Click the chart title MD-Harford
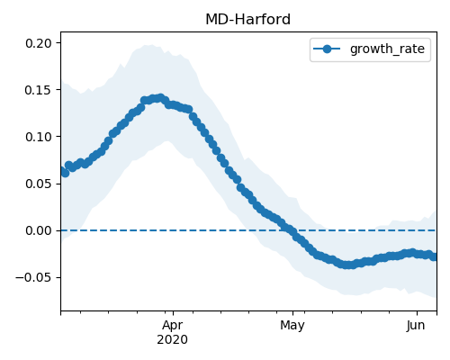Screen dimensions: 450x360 pyautogui.click(x=247, y=20)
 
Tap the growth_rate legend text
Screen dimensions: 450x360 pyautogui.click(x=387, y=49)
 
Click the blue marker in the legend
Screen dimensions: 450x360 pyautogui.click(x=327, y=49)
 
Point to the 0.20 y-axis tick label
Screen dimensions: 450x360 pyautogui.click(x=39, y=43)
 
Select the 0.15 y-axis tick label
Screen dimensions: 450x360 pyautogui.click(x=39, y=90)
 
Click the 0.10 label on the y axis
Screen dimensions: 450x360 pyautogui.click(x=39, y=137)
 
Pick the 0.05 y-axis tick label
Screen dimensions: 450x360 pyautogui.click(x=39, y=184)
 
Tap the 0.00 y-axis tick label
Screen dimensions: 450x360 pyautogui.click(x=39, y=230)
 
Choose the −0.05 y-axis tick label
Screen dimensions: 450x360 pyautogui.click(x=33, y=277)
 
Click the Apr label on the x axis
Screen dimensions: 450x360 pyautogui.click(x=173, y=326)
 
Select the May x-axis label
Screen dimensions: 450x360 pyautogui.click(x=292, y=326)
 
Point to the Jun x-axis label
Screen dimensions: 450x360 pyautogui.click(x=416, y=326)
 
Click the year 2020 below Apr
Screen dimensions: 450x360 pyautogui.click(x=173, y=339)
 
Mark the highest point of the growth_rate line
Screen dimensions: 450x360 pyautogui.click(x=161, y=98)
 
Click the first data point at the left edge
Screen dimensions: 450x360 pyautogui.click(x=61, y=171)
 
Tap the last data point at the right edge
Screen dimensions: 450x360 pyautogui.click(x=435, y=256)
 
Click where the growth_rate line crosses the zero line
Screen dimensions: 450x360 pyautogui.click(x=289, y=230)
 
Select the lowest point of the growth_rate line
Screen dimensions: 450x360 pyautogui.click(x=348, y=265)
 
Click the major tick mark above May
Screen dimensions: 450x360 pyautogui.click(x=293, y=313)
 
